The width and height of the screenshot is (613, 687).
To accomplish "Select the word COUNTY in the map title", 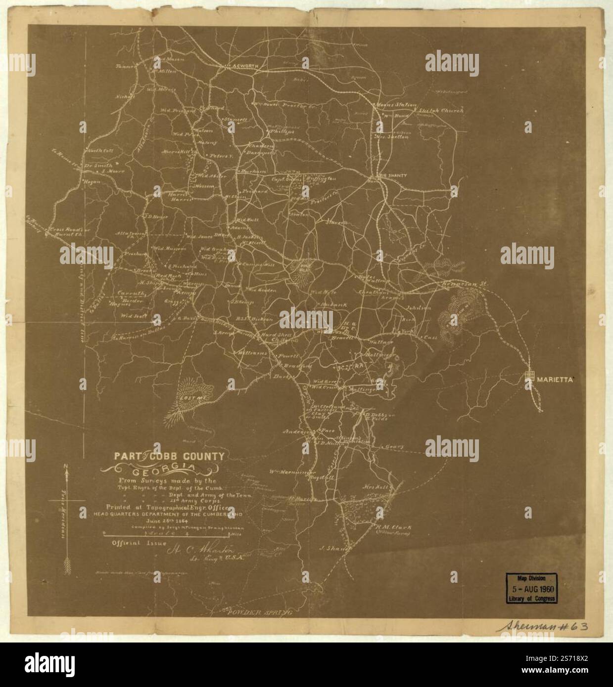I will [x=199, y=456].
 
